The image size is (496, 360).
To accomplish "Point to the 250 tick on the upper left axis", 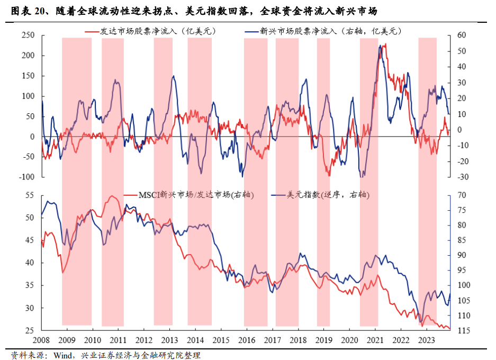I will point(28,35).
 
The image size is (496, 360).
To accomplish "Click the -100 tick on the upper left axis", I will point(26,177).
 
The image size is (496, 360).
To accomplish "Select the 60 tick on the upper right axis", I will point(455,35).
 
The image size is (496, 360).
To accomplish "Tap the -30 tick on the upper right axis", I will point(456,177).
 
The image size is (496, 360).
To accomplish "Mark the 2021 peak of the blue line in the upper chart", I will point(380,46).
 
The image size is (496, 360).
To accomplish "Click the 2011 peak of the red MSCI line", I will point(112,196).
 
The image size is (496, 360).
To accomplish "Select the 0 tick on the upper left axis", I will point(32,137).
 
